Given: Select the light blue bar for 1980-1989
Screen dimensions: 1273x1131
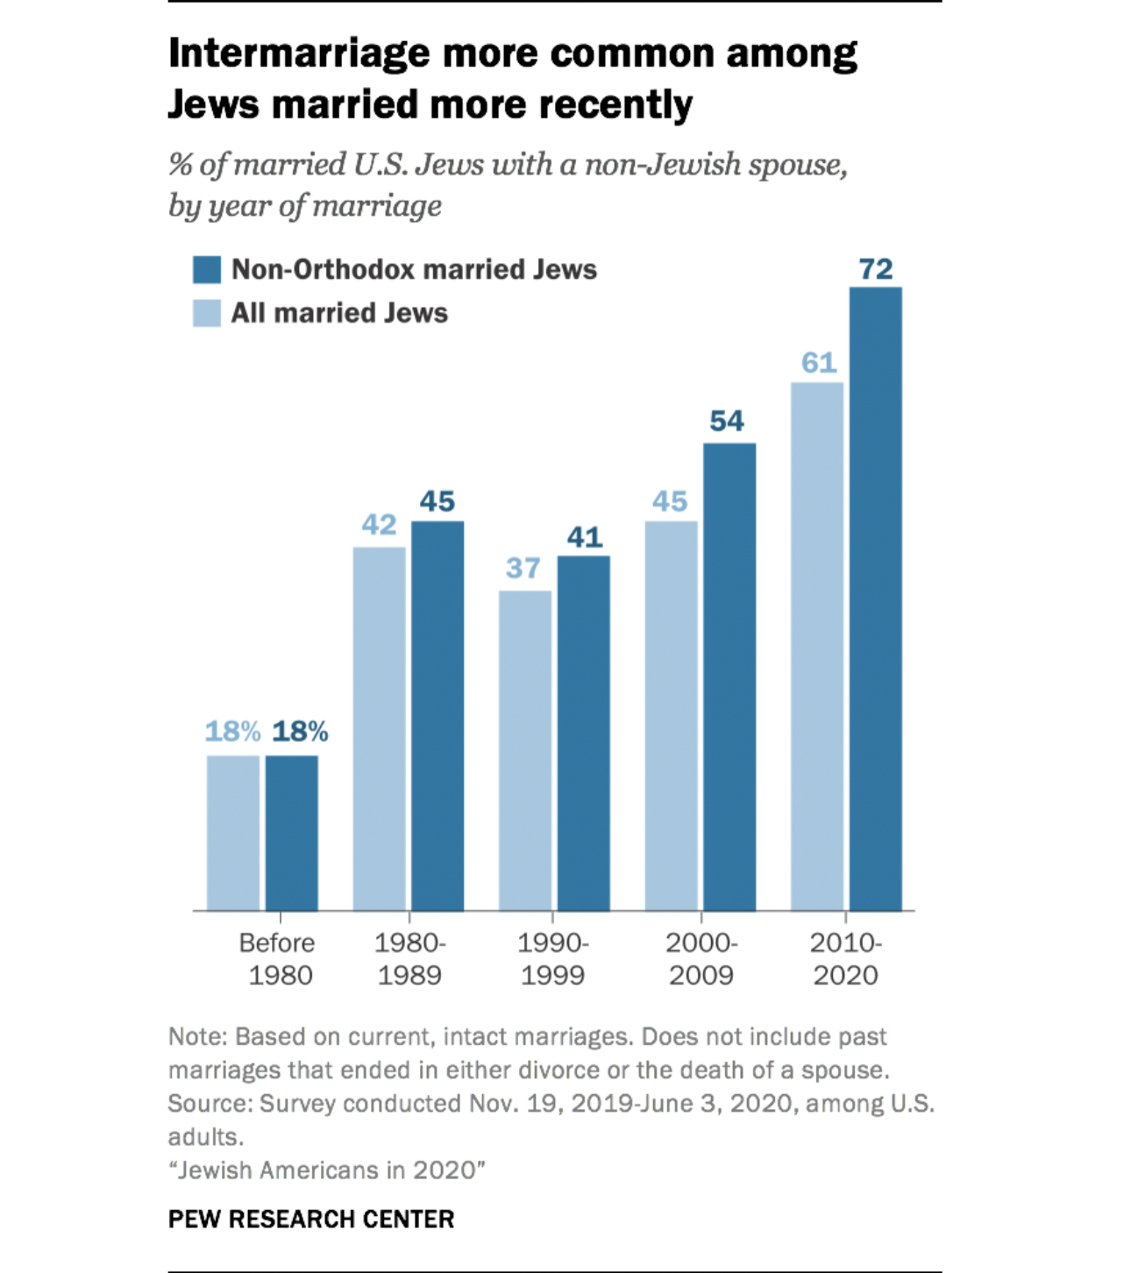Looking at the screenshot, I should [379, 729].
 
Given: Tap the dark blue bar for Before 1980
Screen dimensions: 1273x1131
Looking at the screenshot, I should [291, 833].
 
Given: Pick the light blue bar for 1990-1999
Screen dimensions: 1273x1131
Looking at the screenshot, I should [525, 750].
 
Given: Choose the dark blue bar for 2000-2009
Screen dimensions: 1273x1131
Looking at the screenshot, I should [729, 677].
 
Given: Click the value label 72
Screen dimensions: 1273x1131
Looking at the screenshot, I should [875, 269].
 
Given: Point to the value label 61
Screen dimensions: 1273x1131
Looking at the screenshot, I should [818, 363].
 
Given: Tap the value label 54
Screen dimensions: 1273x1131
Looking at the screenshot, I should [727, 422].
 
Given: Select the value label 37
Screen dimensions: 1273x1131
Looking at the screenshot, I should [523, 568].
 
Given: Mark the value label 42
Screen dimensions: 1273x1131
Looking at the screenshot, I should [379, 525].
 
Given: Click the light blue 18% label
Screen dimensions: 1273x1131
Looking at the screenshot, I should [232, 731].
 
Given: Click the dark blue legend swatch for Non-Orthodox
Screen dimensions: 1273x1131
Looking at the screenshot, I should [207, 270].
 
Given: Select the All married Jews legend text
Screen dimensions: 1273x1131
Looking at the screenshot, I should [339, 313].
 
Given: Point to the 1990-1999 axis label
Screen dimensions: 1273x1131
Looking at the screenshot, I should [552, 958].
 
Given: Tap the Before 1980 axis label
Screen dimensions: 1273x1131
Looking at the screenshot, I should [278, 958].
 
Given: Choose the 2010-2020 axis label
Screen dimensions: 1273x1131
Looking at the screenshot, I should [845, 958].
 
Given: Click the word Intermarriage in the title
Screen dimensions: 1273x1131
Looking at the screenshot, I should [299, 54].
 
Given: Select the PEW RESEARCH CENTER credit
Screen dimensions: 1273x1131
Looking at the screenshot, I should [311, 1220].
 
